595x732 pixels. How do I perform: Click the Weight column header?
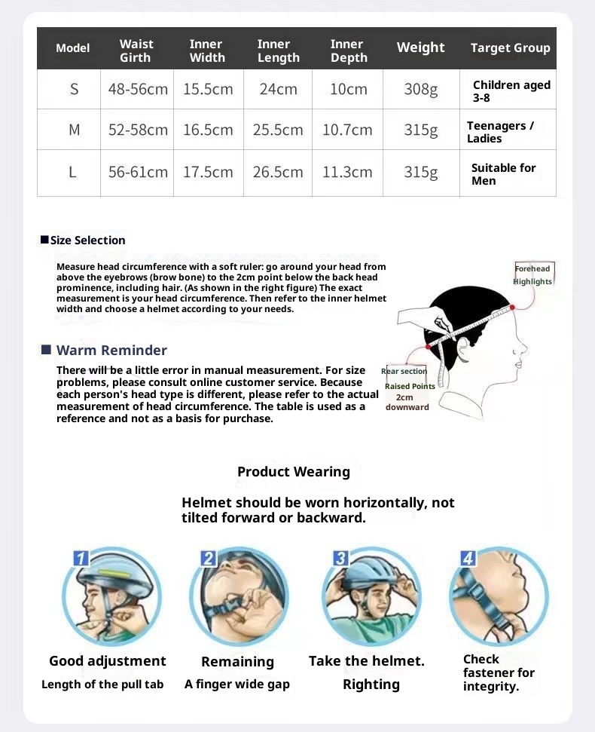[x=420, y=47]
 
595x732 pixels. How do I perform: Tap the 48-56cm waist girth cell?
[x=138, y=89]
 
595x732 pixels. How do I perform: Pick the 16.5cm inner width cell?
[x=208, y=130]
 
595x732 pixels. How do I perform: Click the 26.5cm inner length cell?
[x=278, y=172]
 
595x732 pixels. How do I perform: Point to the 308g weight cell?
[x=420, y=89]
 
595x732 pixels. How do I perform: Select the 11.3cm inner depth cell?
[x=347, y=172]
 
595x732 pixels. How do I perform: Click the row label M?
[x=74, y=130]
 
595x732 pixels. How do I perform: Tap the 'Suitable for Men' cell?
[x=503, y=174]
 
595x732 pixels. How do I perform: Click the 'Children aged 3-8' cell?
[x=511, y=91]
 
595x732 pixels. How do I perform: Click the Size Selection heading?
[x=87, y=240]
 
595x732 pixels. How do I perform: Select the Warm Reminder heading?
[x=111, y=350]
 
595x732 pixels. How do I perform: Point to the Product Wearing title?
[x=294, y=472]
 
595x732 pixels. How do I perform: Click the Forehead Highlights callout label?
[x=532, y=275]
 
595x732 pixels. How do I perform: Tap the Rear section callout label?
[x=404, y=371]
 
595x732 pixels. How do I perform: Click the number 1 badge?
[x=81, y=559]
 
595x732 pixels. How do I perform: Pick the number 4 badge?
[x=468, y=559]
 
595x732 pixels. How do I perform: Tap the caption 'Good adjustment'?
[x=107, y=661]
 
